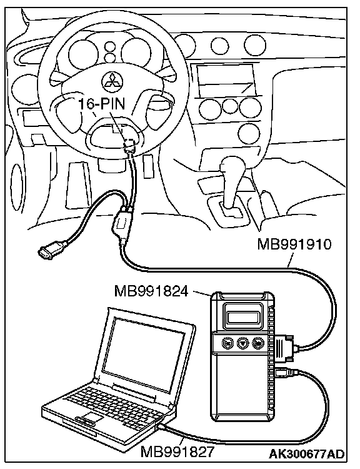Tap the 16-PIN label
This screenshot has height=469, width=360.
[x=101, y=104]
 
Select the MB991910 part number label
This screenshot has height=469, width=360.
[x=294, y=245]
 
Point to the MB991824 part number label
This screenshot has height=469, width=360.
[x=151, y=291]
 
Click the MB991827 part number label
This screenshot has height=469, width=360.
[x=177, y=451]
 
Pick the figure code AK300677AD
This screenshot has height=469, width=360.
[x=306, y=454]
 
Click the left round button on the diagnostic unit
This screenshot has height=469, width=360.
[x=227, y=343]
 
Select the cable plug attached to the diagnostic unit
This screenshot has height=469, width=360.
[x=286, y=348]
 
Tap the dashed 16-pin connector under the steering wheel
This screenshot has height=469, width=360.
[x=131, y=143]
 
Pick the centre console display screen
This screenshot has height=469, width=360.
[x=226, y=79]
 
